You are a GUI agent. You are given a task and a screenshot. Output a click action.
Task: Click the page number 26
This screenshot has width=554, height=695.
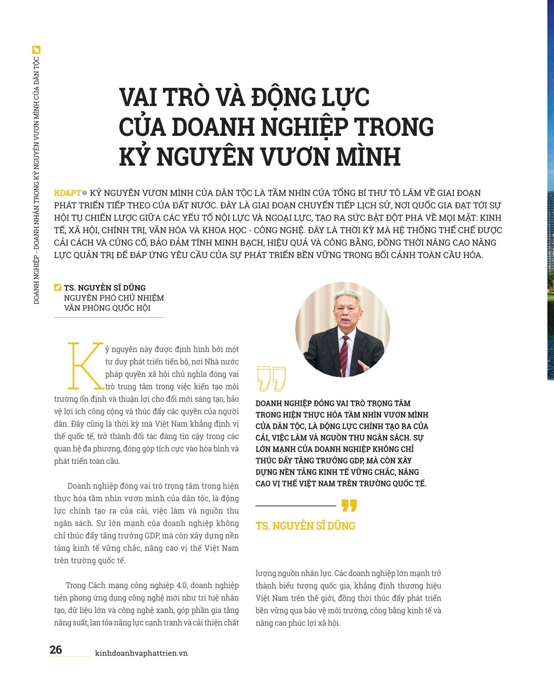point(56,649)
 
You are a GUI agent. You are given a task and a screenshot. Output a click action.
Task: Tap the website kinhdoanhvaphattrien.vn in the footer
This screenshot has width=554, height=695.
point(141,653)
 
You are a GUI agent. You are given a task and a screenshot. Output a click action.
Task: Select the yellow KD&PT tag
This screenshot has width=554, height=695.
point(67,193)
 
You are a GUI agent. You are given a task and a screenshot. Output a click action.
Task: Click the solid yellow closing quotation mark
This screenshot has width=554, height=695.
point(349,506)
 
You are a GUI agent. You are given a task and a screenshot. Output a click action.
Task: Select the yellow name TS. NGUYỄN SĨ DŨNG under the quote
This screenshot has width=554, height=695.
point(305,526)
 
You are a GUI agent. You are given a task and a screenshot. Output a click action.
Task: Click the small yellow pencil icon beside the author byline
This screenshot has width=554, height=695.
point(58,287)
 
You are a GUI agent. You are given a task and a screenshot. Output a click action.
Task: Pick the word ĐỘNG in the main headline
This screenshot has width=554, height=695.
point(282,97)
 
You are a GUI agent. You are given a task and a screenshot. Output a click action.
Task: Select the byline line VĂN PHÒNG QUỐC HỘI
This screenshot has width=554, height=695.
point(107,308)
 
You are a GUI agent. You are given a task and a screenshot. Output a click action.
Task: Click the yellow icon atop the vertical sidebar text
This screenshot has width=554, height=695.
point(36,50)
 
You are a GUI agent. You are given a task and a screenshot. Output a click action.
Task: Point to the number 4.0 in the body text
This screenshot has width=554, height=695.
point(181,585)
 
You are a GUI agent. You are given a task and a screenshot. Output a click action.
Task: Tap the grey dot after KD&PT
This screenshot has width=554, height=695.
point(85,193)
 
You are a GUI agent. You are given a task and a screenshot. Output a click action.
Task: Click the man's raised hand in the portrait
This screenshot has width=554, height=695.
point(364,367)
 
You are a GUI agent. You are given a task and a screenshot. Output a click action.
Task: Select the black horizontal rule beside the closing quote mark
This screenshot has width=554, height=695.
point(295,506)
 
